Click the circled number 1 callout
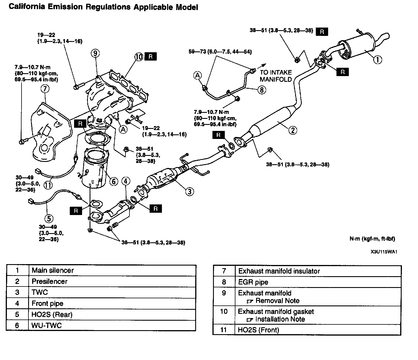(378, 59)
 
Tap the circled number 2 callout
(293, 130)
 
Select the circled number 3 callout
(189, 191)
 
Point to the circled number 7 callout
(45, 89)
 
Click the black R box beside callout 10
(151, 57)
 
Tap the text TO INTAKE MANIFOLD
(276, 76)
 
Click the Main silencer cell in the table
(53, 270)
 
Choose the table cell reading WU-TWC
(47, 325)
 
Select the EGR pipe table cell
(253, 282)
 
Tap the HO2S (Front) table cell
(258, 330)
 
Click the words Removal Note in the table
(277, 301)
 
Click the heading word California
(27, 7)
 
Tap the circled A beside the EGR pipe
(198, 76)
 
